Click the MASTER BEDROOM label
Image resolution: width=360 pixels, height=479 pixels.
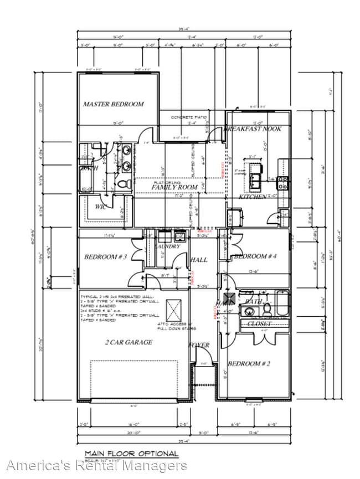[x=113, y=104]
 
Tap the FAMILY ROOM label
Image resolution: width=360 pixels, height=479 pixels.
[x=175, y=188]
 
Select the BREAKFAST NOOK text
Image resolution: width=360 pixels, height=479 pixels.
[x=253, y=128]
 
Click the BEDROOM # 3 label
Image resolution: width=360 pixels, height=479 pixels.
[x=106, y=257]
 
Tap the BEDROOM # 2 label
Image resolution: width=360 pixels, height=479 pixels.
[x=249, y=364]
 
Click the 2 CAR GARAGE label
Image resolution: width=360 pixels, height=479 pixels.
[x=128, y=342]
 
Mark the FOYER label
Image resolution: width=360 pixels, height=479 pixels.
[x=199, y=345]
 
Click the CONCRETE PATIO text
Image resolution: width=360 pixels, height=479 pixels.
[x=188, y=117]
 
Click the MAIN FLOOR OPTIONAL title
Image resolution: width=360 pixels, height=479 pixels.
[x=131, y=454]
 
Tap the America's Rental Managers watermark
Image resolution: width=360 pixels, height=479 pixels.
[x=97, y=466]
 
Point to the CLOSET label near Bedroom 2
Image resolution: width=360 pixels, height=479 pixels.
[x=259, y=323]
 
